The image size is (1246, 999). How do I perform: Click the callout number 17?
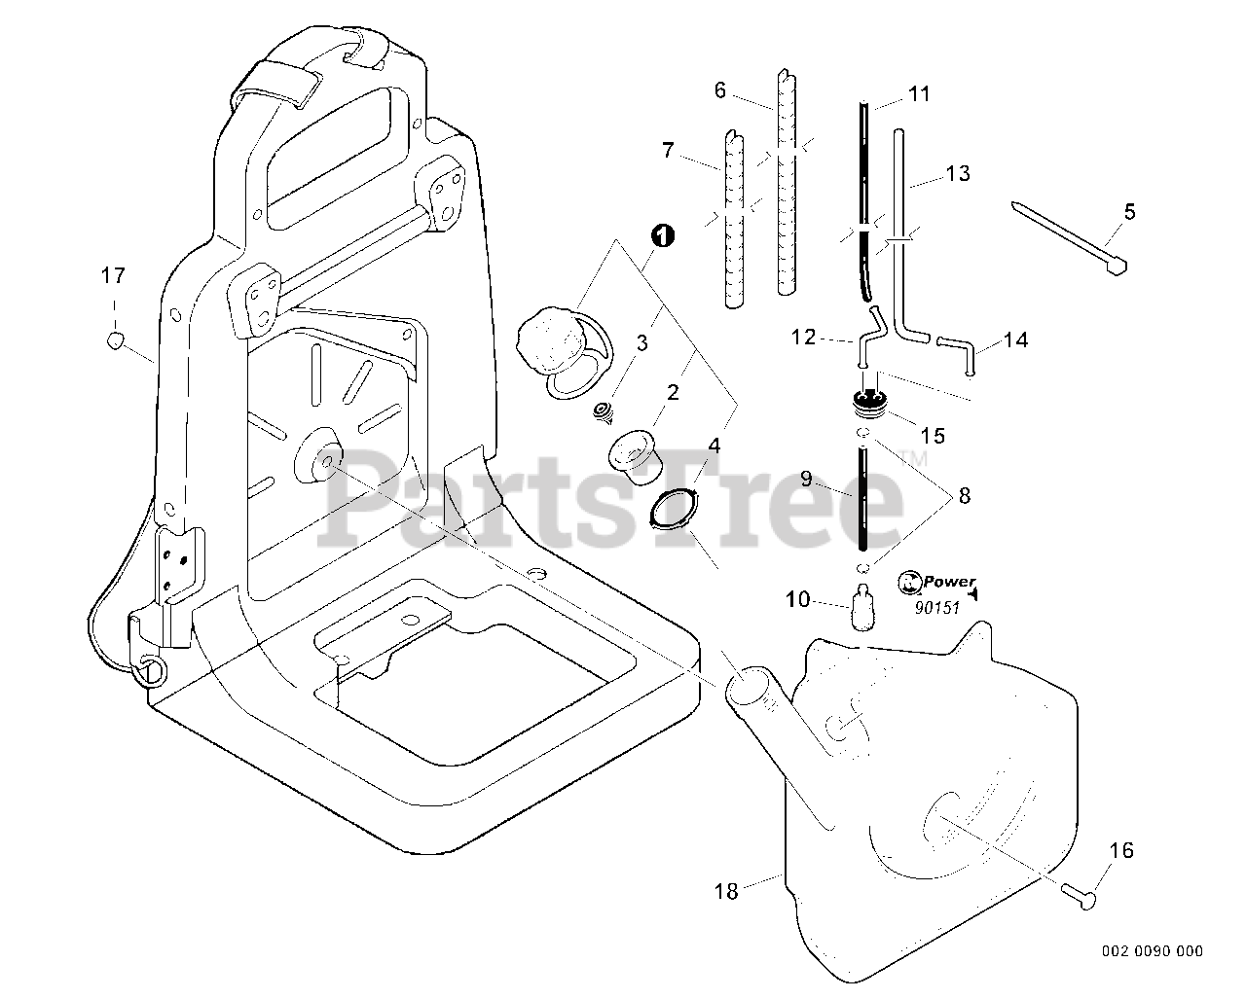(x=114, y=276)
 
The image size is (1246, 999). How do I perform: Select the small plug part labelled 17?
(x=115, y=339)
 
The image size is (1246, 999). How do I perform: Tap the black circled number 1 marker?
(x=661, y=235)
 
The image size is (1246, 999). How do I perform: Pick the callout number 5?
(x=1129, y=211)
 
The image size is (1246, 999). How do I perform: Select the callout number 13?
(x=958, y=174)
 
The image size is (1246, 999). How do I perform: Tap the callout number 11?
(x=919, y=94)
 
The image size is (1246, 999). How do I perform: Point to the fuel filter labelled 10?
(x=861, y=607)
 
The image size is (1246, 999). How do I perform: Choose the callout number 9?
(x=806, y=479)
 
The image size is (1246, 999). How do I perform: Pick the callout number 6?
(x=720, y=90)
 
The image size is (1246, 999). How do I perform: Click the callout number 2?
(x=672, y=393)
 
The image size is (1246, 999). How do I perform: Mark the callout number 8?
(x=964, y=496)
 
